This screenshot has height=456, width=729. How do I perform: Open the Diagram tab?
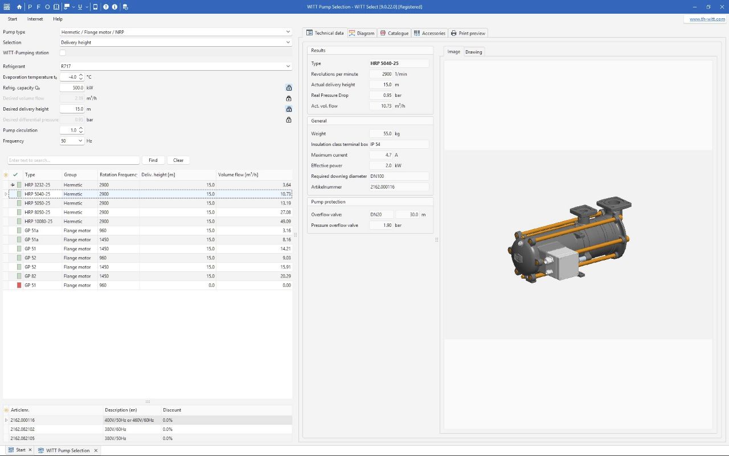(362, 33)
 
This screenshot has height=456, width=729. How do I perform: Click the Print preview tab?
(468, 33)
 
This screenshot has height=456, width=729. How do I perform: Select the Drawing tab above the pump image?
(473, 52)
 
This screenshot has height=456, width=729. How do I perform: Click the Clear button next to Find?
(178, 160)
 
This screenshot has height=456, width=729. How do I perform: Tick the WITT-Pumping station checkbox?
(63, 53)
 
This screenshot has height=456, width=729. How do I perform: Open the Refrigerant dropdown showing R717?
(175, 66)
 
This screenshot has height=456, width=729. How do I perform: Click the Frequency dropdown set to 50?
(72, 141)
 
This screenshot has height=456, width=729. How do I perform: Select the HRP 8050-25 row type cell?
(38, 212)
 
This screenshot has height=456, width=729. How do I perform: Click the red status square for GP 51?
(19, 285)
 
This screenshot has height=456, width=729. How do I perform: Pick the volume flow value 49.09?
(285, 221)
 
